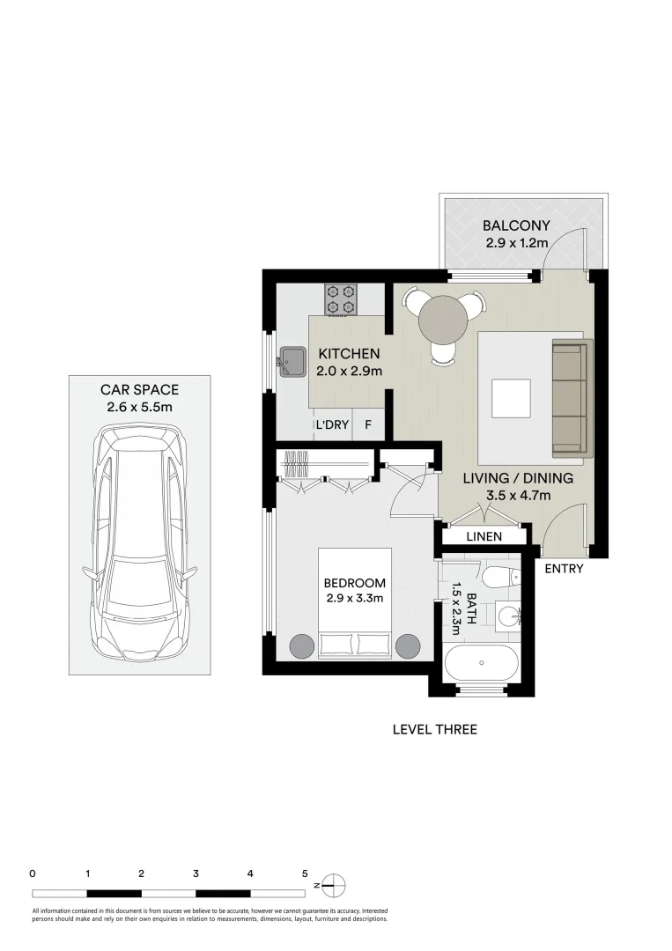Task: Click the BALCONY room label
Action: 516,225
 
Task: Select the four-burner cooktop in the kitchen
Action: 341,299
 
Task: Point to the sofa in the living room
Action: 569,399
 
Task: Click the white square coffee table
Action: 511,398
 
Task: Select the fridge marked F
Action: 368,425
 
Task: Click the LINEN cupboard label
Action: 484,536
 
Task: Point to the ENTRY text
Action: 564,569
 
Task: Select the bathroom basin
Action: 508,616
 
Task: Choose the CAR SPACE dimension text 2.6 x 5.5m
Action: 140,407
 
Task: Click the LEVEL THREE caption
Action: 434,729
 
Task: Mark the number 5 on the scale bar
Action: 305,874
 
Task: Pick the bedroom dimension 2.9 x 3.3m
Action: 354,599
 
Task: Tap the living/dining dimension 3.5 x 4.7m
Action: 518,496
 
